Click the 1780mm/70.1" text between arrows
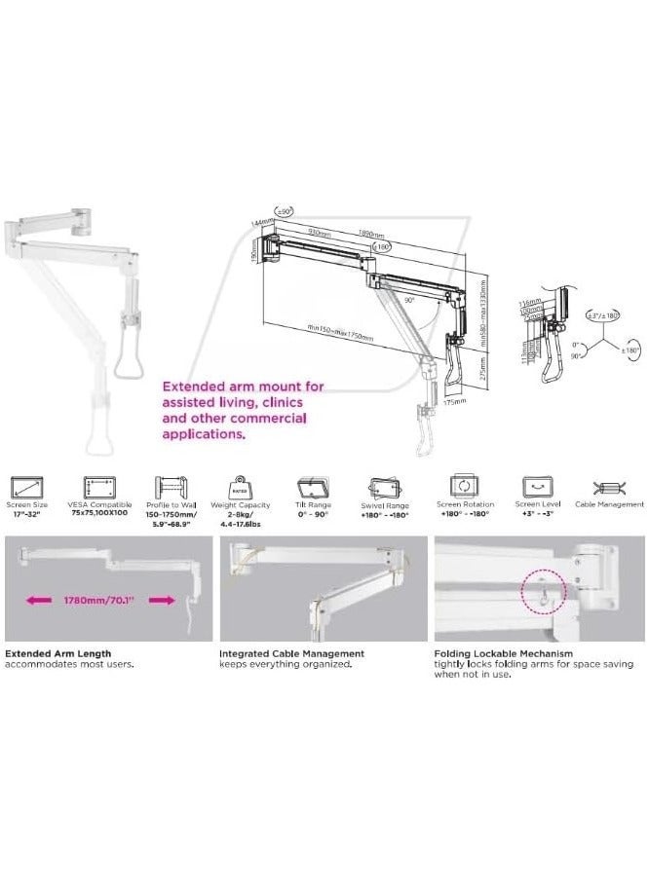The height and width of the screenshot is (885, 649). pos(107,601)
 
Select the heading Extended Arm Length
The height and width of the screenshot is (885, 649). pos(57,653)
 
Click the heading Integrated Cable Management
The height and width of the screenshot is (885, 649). pos(291,653)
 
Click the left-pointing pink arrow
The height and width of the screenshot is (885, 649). pos(36,601)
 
